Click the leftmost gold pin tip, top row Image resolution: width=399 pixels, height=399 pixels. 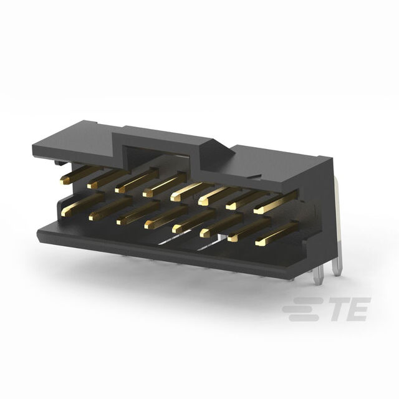pyautogui.click(x=65, y=180)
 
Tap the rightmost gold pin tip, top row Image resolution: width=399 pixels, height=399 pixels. pyautogui.click(x=259, y=210)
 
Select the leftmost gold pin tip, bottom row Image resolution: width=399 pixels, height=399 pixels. pyautogui.click(x=65, y=213)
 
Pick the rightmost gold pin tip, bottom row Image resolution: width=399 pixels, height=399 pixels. pyautogui.click(x=260, y=243)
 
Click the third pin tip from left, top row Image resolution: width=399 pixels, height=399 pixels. pyautogui.click(x=120, y=190)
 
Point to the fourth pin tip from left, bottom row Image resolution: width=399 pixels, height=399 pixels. pyautogui.click(x=150, y=225)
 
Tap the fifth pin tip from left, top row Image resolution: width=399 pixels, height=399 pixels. pyautogui.click(x=175, y=198)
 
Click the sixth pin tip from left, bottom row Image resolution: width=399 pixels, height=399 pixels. pyautogui.click(x=205, y=233)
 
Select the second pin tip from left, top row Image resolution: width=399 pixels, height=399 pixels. pyautogui.click(x=92, y=185)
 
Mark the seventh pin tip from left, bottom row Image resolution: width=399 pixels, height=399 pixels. pyautogui.click(x=233, y=238)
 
